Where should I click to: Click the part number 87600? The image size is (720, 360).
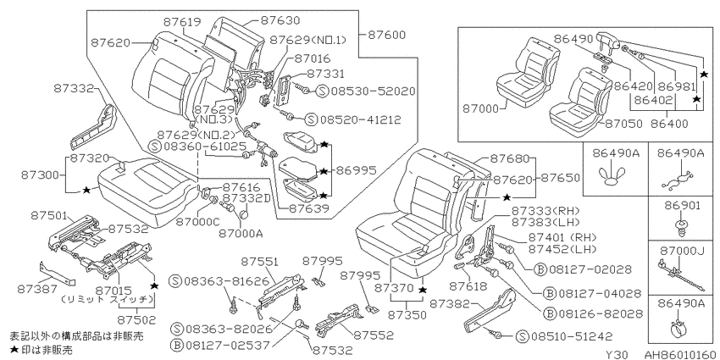tap(385, 35)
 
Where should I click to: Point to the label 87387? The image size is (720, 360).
tap(36, 289)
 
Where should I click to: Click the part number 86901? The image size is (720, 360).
tap(681, 206)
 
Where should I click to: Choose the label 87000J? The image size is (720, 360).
tap(681, 251)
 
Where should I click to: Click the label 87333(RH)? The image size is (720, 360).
tap(546, 211)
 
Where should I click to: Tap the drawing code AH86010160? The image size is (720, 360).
tap(682, 354)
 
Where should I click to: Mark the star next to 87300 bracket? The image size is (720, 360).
tap(86, 190)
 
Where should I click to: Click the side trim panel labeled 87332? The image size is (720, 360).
tap(94, 128)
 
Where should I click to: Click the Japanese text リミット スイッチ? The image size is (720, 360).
tap(107, 300)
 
